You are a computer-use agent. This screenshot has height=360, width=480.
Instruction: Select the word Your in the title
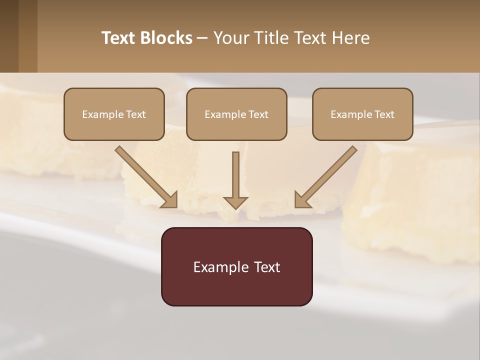pyautogui.click(x=229, y=38)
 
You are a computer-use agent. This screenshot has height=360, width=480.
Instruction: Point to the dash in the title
pyautogui.click(x=202, y=38)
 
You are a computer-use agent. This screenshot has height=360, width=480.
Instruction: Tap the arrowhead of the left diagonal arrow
pyautogui.click(x=170, y=199)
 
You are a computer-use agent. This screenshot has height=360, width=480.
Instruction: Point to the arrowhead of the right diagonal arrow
pyautogui.click(x=303, y=199)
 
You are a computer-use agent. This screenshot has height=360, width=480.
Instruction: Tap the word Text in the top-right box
pyautogui.click(x=384, y=114)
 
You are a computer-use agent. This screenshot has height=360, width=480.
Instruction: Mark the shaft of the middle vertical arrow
pyautogui.click(x=235, y=172)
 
